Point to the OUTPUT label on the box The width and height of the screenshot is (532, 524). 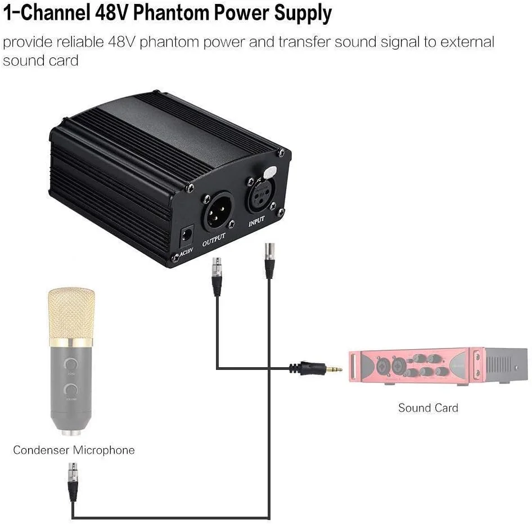coord(214,239)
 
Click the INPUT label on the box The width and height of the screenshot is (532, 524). coord(256,222)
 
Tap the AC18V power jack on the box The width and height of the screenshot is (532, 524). coord(185,234)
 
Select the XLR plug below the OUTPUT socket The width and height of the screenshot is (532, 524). coord(217,275)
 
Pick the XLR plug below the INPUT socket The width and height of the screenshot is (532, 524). coord(269,260)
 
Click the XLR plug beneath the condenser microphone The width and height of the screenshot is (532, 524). coord(73,481)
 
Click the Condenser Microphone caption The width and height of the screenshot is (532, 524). coord(74,450)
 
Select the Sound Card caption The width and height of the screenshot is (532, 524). coord(428,408)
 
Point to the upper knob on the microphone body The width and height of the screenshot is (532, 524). coord(71,363)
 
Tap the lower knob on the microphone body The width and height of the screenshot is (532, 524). coord(71,389)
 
